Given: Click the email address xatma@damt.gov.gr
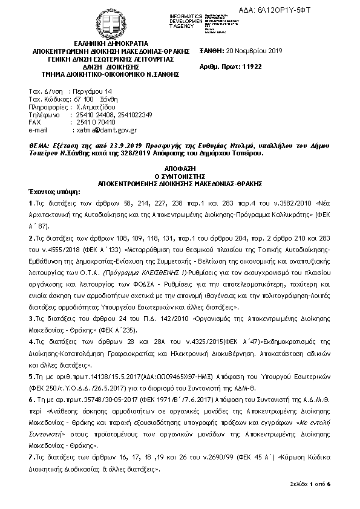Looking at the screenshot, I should click(x=105, y=129).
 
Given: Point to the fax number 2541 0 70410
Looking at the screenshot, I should click(x=93, y=122).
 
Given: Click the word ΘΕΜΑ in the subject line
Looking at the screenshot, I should click(x=41, y=146).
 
